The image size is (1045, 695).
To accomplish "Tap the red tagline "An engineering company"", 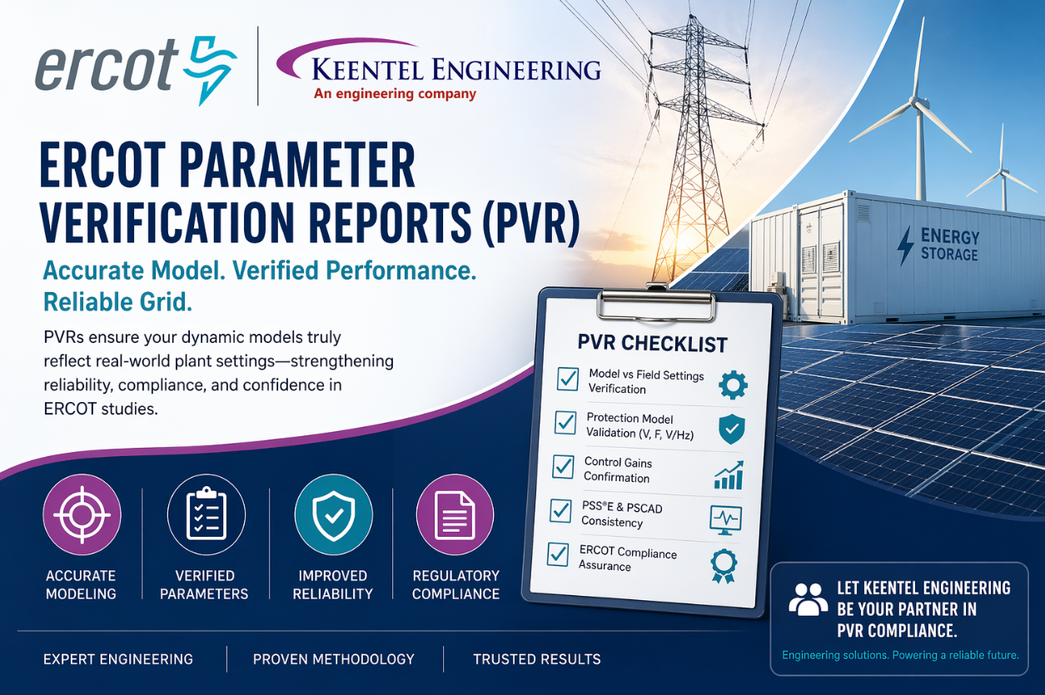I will pyautogui.click(x=395, y=93).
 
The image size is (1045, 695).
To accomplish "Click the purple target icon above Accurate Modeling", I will pyautogui.click(x=82, y=514).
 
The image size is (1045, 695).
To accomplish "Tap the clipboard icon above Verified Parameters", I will pyautogui.click(x=206, y=514).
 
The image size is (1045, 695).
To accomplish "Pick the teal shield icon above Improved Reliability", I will pyautogui.click(x=333, y=514).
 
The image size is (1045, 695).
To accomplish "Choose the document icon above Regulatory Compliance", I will pyautogui.click(x=455, y=514).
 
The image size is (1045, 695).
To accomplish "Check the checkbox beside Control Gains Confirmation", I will pyautogui.click(x=564, y=467).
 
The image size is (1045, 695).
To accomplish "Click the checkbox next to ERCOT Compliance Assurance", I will pyautogui.click(x=558, y=554).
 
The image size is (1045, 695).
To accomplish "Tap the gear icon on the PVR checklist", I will pyautogui.click(x=733, y=385).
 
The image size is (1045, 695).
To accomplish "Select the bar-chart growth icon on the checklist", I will pyautogui.click(x=728, y=475).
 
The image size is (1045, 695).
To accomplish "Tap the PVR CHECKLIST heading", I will pyautogui.click(x=652, y=343).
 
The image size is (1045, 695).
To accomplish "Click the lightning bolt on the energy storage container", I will pyautogui.click(x=905, y=246).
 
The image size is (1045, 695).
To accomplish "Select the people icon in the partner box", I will pyautogui.click(x=808, y=599).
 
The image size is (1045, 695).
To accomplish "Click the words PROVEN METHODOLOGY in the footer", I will pyautogui.click(x=334, y=659).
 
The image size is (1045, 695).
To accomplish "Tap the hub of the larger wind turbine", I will pyautogui.click(x=919, y=102).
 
